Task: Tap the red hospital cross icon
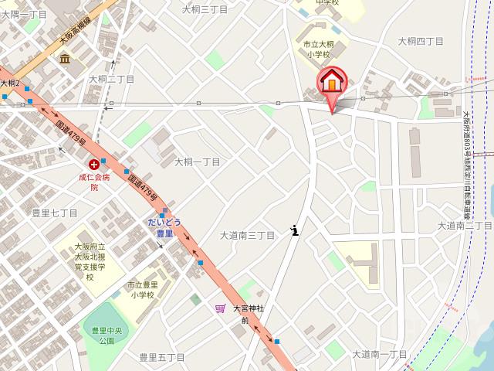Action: point(94,165)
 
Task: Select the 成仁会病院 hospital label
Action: point(94,182)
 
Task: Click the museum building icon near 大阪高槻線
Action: point(65,59)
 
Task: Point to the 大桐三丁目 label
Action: point(205,9)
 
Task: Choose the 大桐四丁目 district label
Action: point(421,40)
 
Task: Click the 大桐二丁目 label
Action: point(111,79)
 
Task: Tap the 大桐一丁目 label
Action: point(197,162)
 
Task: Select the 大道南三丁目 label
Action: point(248,235)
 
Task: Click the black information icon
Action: point(295,230)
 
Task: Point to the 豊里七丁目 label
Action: point(55,213)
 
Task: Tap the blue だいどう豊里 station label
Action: point(164,227)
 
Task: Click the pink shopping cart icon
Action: point(220,308)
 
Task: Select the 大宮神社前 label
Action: point(248,313)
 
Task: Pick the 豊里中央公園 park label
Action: point(102,335)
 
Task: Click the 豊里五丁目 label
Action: point(161,357)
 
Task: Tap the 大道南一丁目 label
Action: point(379,354)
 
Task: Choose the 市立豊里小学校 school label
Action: point(141,289)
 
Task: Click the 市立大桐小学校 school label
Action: point(316,50)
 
